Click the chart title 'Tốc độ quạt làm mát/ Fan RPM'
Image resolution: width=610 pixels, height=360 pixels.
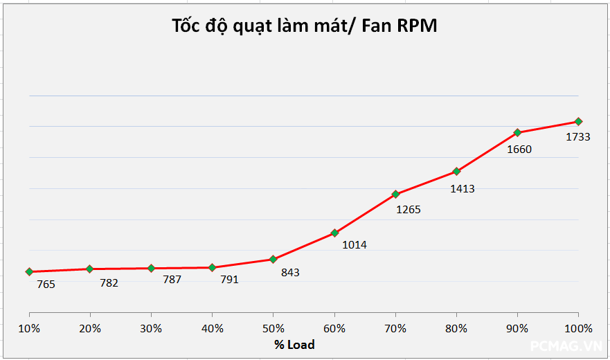point(305,26)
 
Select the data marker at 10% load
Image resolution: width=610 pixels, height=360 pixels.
point(29,271)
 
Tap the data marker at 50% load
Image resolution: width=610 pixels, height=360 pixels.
point(273,259)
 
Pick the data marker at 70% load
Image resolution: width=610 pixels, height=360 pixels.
point(395,194)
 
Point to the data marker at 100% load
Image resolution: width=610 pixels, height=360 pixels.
point(578,121)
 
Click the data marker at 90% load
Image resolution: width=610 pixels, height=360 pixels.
point(517,132)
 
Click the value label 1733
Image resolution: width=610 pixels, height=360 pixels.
point(578,137)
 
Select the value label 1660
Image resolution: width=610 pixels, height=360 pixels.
point(519,149)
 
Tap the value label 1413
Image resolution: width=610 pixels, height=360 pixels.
point(463,188)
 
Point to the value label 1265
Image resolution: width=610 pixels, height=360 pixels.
point(408,209)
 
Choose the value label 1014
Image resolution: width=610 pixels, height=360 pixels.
point(355,244)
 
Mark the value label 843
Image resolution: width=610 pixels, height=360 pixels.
point(290,273)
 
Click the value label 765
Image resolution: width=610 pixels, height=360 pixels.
point(46,284)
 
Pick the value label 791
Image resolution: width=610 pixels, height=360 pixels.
point(229,280)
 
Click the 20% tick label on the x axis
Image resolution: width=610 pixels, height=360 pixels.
point(90,328)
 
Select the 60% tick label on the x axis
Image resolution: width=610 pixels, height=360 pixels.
point(334,328)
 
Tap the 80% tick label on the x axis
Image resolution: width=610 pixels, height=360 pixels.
point(456,328)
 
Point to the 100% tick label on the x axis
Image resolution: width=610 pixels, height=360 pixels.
point(578,328)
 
